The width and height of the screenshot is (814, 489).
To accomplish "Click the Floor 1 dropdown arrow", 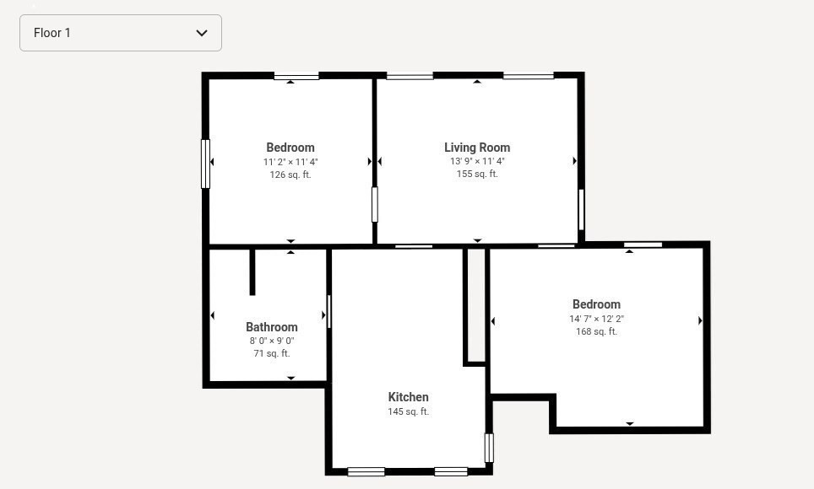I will (x=202, y=33).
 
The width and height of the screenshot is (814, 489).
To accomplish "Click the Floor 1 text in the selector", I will (x=52, y=33).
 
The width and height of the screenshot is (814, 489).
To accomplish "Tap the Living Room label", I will (x=477, y=148).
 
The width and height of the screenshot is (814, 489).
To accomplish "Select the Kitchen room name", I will (x=408, y=397).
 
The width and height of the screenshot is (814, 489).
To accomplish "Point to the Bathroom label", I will (x=271, y=327).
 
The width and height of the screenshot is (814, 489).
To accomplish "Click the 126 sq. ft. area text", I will (x=290, y=175).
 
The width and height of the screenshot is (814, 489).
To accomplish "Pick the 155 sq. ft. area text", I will (x=477, y=174).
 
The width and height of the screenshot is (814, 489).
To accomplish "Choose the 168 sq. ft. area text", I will (x=596, y=331).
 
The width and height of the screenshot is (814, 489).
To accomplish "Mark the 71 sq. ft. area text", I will (x=271, y=353).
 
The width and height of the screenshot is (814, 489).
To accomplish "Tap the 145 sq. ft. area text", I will (x=408, y=411).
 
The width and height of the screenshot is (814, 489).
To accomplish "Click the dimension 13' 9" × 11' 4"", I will (x=477, y=161).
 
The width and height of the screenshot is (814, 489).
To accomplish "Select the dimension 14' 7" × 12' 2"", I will (x=596, y=319).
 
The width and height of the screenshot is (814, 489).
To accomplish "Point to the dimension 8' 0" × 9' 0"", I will (x=271, y=341).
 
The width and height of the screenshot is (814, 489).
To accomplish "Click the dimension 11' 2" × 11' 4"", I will (x=290, y=161).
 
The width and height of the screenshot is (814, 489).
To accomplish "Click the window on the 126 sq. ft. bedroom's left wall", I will (x=205, y=164).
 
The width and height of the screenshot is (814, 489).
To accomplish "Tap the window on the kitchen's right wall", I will (x=489, y=448).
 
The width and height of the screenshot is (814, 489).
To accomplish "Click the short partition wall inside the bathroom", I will (x=252, y=271).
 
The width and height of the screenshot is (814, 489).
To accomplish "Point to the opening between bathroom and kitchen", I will (x=328, y=311).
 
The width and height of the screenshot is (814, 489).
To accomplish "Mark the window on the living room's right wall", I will (x=581, y=209).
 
